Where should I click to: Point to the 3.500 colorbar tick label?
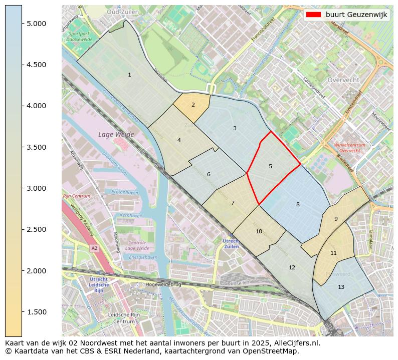pyautogui.click(x=36, y=147)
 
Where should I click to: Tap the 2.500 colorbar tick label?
pyautogui.click(x=36, y=229)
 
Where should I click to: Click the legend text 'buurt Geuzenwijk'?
pyautogui.click(x=356, y=15)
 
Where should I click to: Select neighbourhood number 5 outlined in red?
pyautogui.click(x=270, y=166)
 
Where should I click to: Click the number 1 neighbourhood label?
pyautogui.click(x=129, y=75)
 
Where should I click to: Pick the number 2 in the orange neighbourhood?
pyautogui.click(x=193, y=105)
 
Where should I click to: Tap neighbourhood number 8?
pyautogui.click(x=298, y=204)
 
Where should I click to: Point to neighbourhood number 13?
pyautogui.click(x=341, y=287)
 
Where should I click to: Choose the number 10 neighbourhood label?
pyautogui.click(x=259, y=231)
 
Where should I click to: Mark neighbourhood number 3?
pyautogui.click(x=235, y=129)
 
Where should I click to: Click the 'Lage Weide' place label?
pyautogui.click(x=113, y=135)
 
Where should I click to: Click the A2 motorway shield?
pyautogui.click(x=94, y=248)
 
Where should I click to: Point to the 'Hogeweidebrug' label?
pyautogui.click(x=162, y=284)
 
